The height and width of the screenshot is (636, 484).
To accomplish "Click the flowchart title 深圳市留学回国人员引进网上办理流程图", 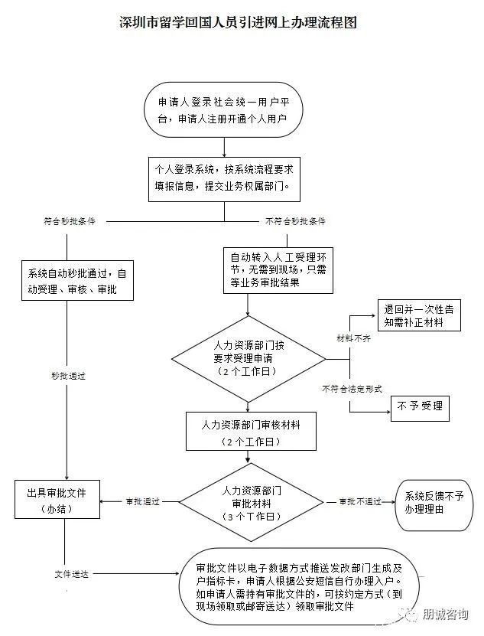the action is click(x=238, y=22).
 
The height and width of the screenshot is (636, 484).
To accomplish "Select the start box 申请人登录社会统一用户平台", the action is click(x=224, y=110).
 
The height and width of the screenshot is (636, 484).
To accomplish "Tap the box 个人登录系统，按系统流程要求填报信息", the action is click(x=224, y=179).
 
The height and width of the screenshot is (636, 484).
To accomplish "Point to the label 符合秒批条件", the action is click(x=70, y=221).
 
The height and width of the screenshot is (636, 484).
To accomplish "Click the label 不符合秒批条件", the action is click(x=295, y=221).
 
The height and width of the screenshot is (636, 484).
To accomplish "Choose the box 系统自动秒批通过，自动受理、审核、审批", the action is click(x=77, y=281).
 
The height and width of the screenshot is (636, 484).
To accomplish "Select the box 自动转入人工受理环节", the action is click(x=278, y=270).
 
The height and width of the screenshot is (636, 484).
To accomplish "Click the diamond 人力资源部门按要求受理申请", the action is click(x=248, y=359).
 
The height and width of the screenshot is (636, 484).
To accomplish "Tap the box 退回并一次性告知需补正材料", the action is click(x=419, y=315).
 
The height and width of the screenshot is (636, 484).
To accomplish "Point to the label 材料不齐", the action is click(x=353, y=338).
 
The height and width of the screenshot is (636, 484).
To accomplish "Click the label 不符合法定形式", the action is click(x=352, y=389).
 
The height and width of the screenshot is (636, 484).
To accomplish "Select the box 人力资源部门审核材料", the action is click(x=251, y=432).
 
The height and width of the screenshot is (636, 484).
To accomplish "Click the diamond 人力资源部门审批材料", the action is click(x=252, y=502).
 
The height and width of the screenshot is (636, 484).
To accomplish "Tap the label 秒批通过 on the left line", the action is click(x=68, y=376).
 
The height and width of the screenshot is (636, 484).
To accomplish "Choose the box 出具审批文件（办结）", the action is click(x=57, y=499).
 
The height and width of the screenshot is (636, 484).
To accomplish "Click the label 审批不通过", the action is click(x=360, y=502).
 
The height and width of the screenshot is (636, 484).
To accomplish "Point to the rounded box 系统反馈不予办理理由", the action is click(x=434, y=505).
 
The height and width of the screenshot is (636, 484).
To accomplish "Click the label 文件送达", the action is click(x=71, y=574).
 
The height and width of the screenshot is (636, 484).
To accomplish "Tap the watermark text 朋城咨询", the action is click(x=445, y=614).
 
